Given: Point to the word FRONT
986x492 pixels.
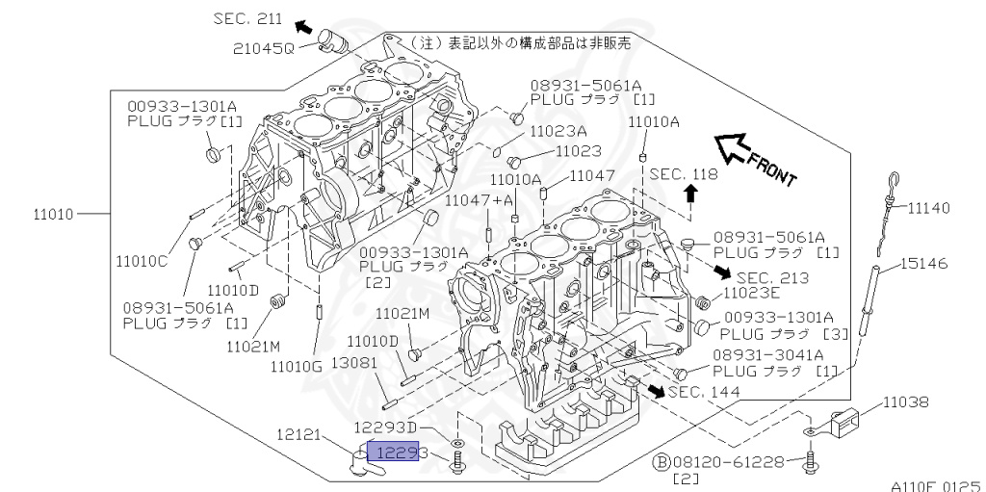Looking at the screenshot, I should pos(772,169).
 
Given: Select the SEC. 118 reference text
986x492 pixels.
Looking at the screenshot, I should pos(684,174).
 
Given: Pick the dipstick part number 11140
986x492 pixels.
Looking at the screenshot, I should pos(929,207).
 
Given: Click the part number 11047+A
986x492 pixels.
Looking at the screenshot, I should pos(479,199).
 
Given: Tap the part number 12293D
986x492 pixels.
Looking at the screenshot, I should pos(385,427).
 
